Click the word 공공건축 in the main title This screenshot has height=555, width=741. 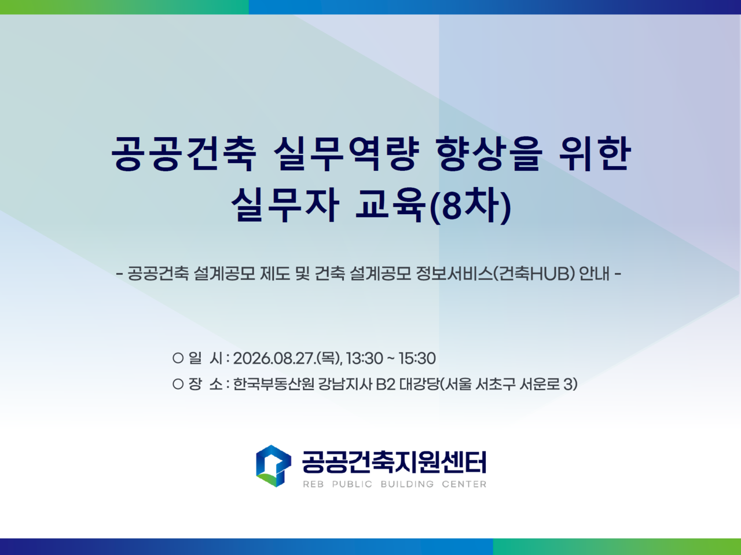[x=184, y=154]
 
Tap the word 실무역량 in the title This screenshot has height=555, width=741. [x=346, y=154]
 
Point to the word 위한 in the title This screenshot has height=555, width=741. [x=595, y=154]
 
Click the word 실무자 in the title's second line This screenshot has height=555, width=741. [x=285, y=205]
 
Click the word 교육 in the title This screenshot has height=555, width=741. [x=391, y=205]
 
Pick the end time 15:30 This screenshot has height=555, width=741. [x=417, y=358]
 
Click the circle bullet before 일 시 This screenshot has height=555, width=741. [x=178, y=358]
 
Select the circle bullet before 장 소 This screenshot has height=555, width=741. [x=178, y=384]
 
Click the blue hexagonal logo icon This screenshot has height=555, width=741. [x=273, y=466]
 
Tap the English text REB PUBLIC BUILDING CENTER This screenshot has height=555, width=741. [x=395, y=484]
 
